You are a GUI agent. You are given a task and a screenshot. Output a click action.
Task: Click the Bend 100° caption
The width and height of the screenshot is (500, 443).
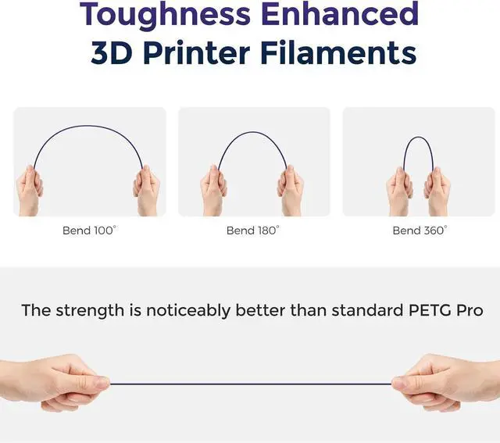click(x=89, y=230)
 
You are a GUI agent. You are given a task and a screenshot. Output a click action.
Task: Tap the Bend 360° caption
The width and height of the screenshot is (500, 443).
click(x=420, y=230)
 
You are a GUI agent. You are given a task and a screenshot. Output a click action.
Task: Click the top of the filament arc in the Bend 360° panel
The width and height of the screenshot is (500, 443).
click(x=419, y=138)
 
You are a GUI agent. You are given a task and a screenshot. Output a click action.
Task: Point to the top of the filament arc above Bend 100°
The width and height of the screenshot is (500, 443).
click(x=88, y=127)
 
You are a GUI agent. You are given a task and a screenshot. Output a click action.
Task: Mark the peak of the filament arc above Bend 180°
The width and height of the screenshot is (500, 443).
click(x=252, y=133)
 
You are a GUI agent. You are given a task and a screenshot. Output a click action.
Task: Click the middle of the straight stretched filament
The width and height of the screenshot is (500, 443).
click(x=250, y=384)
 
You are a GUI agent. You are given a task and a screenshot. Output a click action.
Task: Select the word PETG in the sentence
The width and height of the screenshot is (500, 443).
click(x=430, y=310)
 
